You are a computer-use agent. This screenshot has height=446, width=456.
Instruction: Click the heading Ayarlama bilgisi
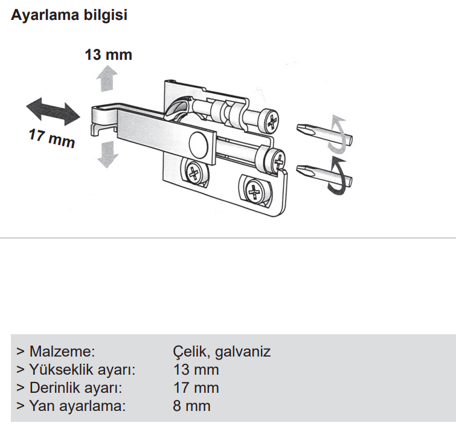[69, 16]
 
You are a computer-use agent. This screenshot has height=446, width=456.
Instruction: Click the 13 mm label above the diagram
[109, 55]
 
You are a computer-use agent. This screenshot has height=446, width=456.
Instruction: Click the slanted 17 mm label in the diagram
[52, 138]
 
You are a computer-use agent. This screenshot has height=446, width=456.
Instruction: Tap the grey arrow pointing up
[107, 78]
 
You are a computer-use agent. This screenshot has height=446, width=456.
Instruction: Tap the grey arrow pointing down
[108, 155]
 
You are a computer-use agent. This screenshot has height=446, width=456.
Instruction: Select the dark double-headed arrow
[53, 111]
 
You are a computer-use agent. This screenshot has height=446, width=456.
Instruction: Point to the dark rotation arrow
[339, 176]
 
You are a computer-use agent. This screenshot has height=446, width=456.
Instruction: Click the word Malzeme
[62, 351]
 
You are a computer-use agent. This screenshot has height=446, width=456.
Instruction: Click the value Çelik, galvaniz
[222, 352]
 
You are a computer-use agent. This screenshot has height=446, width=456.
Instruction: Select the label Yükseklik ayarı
[82, 370]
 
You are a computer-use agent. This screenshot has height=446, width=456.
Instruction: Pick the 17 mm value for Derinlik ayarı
[196, 388]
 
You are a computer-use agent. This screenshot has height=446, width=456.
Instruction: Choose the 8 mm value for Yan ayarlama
[191, 406]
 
